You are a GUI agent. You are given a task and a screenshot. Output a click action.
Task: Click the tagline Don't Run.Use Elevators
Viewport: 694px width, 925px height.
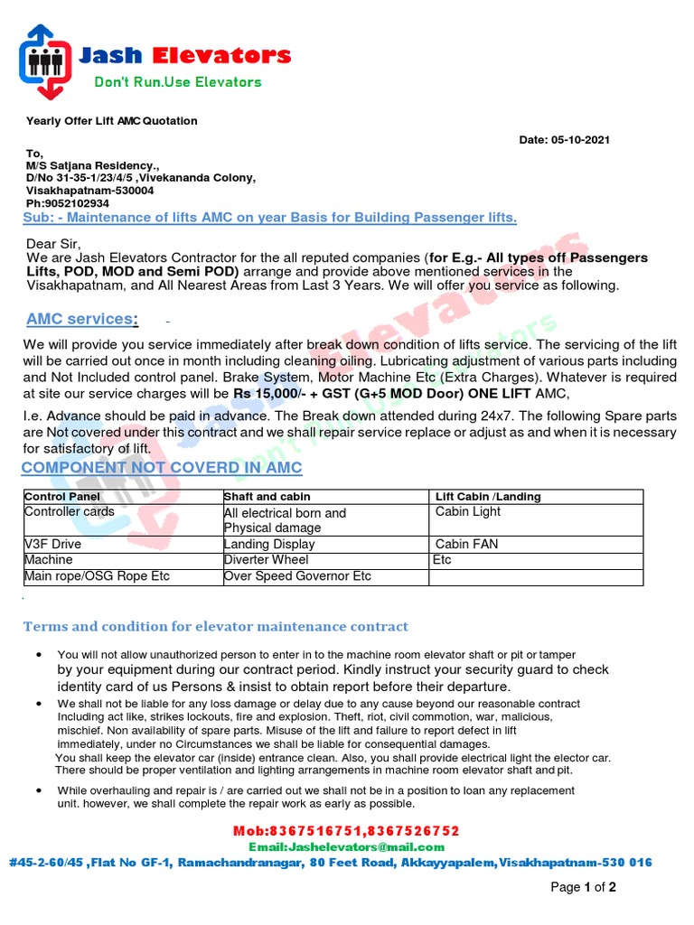178,82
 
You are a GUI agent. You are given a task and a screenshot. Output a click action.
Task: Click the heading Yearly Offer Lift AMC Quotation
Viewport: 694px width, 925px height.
111,121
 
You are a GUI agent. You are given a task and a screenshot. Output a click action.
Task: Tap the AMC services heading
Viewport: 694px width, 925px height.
82,319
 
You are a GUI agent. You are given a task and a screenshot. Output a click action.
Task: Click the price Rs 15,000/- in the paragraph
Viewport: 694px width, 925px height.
271,394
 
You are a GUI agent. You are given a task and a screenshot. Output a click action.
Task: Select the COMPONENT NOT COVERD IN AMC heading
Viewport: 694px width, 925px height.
162,467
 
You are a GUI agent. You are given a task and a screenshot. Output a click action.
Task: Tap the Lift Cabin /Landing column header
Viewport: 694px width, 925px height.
488,497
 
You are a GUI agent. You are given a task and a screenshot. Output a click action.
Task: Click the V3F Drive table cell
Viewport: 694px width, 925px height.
52,545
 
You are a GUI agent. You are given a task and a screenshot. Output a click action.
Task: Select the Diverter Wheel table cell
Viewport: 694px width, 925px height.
266,560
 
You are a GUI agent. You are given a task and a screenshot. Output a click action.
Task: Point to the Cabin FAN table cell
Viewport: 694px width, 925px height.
468,545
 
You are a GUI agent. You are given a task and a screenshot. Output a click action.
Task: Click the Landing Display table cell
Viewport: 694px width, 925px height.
269,545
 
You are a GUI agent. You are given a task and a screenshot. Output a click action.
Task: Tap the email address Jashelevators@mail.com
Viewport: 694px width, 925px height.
347,846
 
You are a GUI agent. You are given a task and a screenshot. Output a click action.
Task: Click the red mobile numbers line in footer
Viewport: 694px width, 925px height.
348,830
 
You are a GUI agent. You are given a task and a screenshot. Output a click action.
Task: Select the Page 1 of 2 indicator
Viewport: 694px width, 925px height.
583,888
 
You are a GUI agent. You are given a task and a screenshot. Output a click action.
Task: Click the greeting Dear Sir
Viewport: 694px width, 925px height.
53,244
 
